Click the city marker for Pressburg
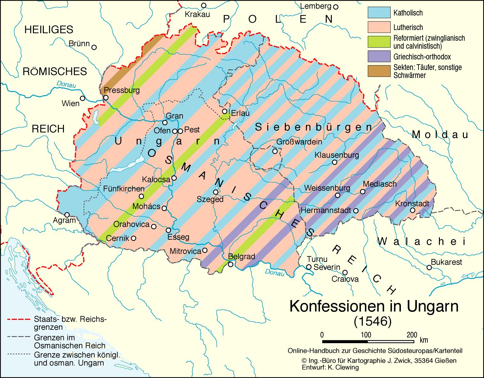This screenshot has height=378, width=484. (106, 98)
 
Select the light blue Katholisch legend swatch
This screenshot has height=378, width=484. (379, 12)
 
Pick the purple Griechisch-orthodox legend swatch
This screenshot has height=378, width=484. (379, 56)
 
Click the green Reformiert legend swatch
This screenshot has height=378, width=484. (379, 42)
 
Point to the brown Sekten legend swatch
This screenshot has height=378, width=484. (379, 71)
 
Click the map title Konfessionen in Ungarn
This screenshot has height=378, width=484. (374, 306)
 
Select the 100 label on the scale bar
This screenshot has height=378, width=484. (366, 335)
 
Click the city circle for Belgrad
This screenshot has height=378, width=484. (230, 264)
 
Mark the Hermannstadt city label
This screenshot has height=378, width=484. (326, 211)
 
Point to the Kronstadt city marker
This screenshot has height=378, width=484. (413, 210)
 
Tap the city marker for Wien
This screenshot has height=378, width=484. (82, 98)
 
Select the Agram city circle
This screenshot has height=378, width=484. (67, 215)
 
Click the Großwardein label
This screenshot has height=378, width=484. (299, 142)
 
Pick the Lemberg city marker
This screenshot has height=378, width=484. (335, 6)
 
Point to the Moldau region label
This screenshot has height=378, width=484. (440, 135)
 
